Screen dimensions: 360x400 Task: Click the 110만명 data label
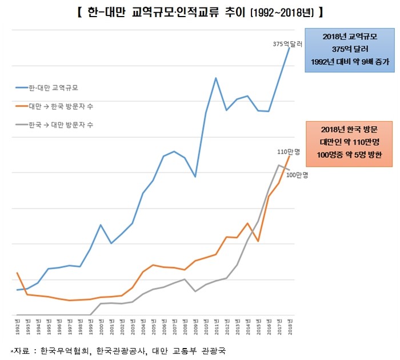[x=289, y=151]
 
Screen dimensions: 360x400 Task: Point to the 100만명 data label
[x=297, y=175]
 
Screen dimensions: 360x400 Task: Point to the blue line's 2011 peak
[x=216, y=78]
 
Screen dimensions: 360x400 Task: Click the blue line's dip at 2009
[x=195, y=177]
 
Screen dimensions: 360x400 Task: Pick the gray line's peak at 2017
[x=279, y=165]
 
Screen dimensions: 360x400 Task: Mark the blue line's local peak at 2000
[x=101, y=225]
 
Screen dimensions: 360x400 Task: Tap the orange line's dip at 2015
[x=258, y=241]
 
